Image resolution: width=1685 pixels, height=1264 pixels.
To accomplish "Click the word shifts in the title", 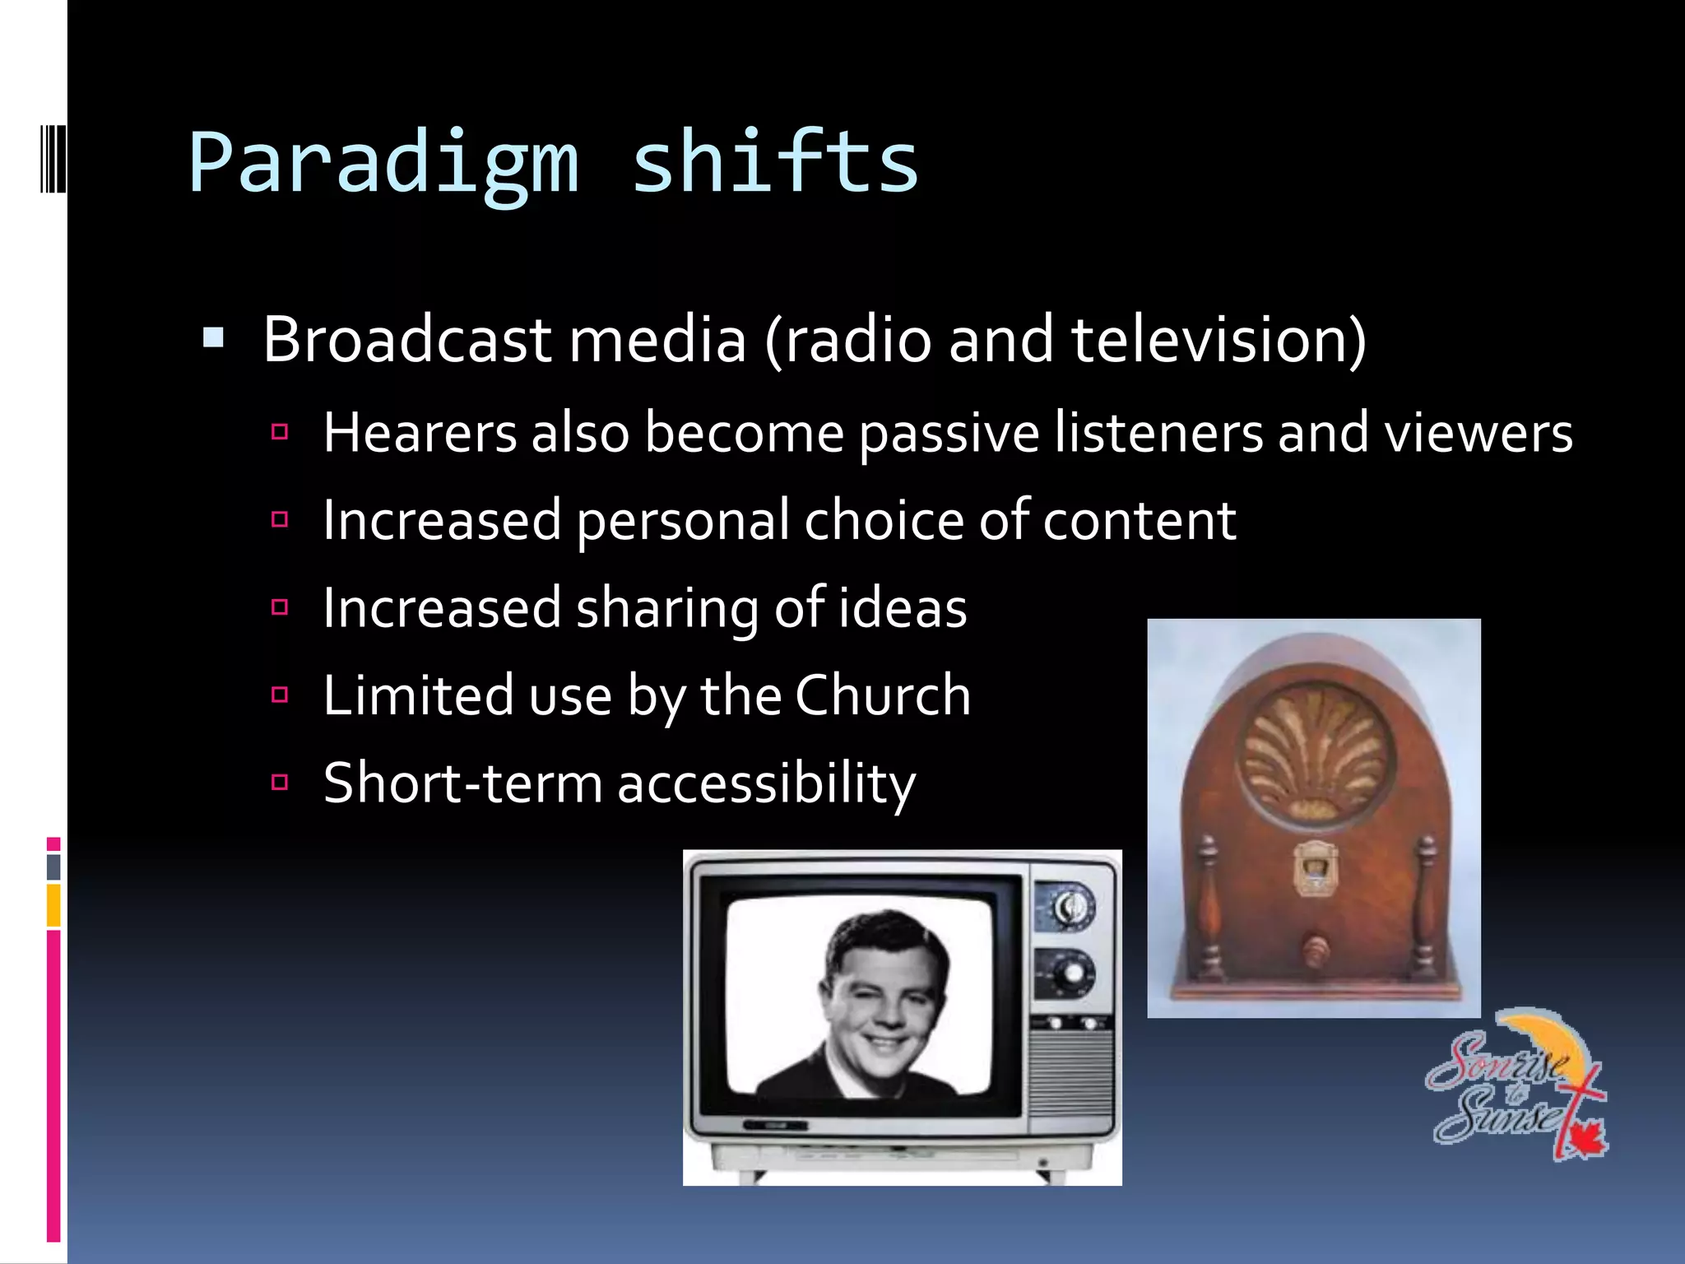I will click(774, 162).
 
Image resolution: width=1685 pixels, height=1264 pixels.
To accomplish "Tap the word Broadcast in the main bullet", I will click(406, 339).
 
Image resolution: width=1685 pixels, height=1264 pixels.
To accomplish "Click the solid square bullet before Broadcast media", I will click(213, 337).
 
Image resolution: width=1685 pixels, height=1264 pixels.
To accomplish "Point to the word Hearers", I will click(420, 433).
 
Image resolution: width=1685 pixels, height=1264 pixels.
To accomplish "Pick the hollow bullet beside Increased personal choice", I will click(280, 519).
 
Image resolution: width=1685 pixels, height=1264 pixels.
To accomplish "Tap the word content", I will click(1140, 520).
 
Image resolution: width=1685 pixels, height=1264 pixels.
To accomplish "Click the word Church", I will click(883, 695).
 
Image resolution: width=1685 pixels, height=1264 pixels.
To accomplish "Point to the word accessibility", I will click(766, 783).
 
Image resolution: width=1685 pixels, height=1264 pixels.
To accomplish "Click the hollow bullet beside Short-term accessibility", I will click(280, 782).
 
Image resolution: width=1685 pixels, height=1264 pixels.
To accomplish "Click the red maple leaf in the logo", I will click(1585, 1140).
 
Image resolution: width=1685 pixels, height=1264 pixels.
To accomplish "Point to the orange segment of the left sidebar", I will click(53, 905).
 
